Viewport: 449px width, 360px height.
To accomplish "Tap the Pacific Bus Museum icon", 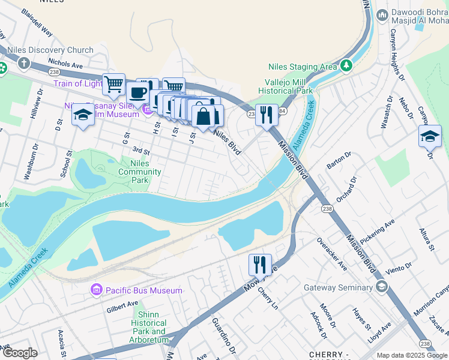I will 96,290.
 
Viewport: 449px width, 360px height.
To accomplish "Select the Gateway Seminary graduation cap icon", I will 381,287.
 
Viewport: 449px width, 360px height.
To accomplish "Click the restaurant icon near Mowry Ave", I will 260,264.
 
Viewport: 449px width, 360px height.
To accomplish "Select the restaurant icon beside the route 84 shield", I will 267,113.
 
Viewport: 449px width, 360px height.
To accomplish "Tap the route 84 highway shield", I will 282,111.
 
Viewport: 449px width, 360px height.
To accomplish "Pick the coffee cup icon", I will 137,93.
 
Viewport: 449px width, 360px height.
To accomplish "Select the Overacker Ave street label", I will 331,255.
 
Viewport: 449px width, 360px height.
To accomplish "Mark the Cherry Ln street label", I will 268,298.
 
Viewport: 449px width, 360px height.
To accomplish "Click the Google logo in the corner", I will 20,353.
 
